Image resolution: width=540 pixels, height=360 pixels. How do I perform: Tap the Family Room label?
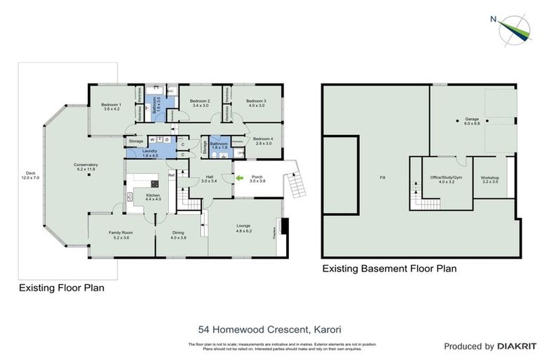coord(120,234)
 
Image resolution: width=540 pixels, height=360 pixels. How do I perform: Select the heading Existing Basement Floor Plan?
coord(389,268)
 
